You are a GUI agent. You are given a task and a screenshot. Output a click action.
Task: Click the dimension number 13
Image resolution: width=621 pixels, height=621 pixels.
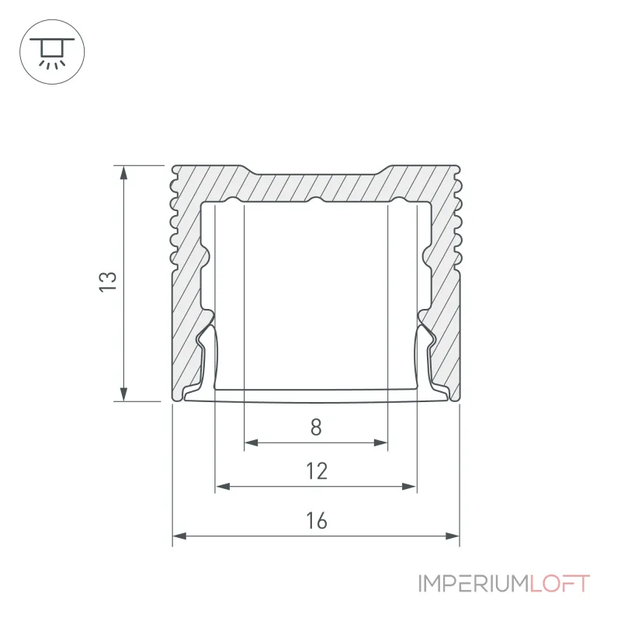108,282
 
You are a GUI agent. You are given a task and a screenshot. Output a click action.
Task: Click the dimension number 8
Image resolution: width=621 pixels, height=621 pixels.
316,428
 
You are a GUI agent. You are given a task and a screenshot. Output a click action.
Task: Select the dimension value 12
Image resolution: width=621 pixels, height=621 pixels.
317,471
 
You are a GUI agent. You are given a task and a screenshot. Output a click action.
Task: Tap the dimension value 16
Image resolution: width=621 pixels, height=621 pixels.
317,521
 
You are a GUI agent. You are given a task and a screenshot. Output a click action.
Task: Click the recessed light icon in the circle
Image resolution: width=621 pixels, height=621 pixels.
52,52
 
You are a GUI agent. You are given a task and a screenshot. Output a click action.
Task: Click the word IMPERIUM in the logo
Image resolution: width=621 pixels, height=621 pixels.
474,584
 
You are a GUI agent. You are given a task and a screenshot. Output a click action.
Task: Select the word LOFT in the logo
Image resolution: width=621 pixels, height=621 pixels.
560,584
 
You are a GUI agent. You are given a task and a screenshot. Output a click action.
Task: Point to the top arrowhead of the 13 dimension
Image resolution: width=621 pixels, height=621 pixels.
124,172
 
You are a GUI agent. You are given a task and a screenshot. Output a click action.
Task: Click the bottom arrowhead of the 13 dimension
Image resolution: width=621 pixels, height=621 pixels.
124,394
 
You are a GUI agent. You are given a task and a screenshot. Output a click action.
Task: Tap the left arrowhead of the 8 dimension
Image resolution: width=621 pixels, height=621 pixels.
251,442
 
